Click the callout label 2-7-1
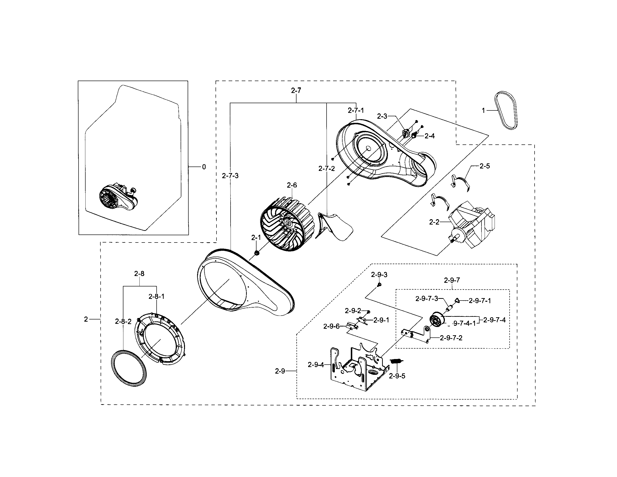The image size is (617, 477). coord(356,110)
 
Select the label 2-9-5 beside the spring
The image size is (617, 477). coord(397,376)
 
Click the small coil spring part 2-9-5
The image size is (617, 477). coord(397,361)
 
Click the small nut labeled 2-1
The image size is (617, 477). coord(257,253)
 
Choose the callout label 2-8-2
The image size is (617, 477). coord(123,321)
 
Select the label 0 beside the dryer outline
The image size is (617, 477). coord(204,167)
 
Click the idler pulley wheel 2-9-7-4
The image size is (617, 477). coord(436,320)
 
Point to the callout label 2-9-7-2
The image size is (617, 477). coord(451,338)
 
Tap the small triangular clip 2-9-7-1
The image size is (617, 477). coord(457,301)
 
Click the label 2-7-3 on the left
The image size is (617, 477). coord(230,176)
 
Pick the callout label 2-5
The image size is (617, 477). coord(484,166)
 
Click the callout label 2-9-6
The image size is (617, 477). coord(331,326)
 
